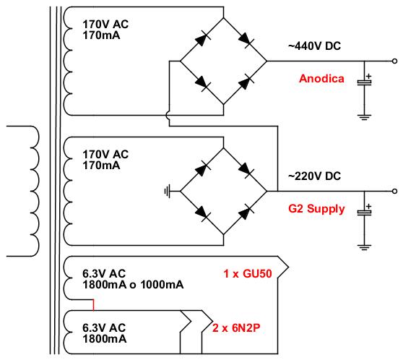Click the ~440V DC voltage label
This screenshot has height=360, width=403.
(314, 46)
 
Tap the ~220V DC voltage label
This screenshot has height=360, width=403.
(314, 176)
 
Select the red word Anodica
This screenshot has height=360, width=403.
(321, 79)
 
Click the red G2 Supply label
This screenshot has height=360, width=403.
(316, 209)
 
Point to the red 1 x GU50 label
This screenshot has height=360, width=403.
(248, 273)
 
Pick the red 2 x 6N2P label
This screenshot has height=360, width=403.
(236, 328)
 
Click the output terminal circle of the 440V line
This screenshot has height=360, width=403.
(394, 61)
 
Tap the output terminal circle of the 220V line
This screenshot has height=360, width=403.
(394, 191)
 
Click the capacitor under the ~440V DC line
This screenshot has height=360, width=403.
(365, 82)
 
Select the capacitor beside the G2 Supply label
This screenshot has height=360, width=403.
(365, 213)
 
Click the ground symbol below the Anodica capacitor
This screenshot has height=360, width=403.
(364, 117)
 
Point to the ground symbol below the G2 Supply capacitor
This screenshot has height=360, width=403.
(364, 247)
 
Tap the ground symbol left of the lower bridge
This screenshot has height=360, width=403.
(168, 192)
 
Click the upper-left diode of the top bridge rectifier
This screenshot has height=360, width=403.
(202, 39)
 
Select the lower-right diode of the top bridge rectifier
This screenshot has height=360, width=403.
(246, 82)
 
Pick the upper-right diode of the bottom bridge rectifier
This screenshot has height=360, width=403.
(246, 169)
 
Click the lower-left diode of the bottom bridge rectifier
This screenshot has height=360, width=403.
(202, 213)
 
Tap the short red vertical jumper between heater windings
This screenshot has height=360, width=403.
(94, 305)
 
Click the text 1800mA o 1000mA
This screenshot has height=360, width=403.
(133, 285)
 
